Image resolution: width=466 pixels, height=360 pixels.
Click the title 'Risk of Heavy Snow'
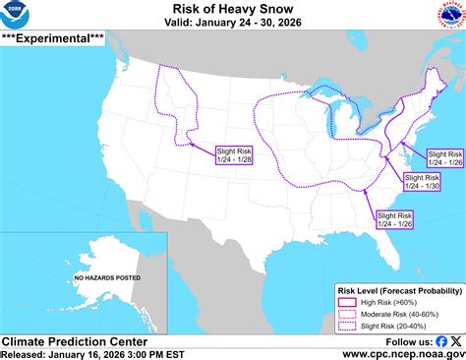pyautogui.click(x=232, y=8)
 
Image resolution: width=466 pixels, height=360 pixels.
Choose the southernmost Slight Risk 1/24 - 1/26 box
pyautogui.click(x=394, y=218)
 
